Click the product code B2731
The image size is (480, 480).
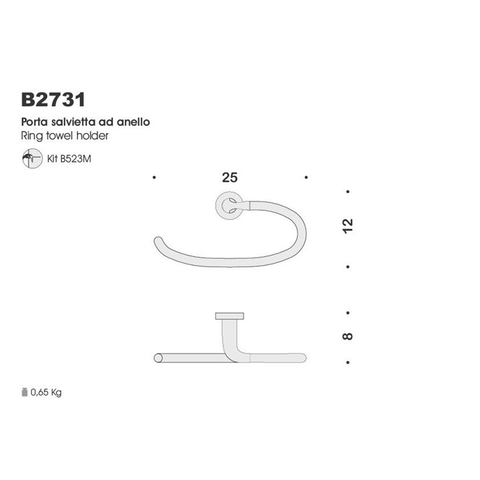coord(53,99)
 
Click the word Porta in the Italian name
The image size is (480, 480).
coord(35,122)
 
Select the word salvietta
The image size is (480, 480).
coord(73,122)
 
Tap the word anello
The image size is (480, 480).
coord(133,122)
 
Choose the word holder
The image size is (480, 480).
coord(92,135)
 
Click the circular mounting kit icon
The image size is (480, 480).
coord(32,158)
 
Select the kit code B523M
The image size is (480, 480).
coord(76,159)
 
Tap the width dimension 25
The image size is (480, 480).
coord(230,177)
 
